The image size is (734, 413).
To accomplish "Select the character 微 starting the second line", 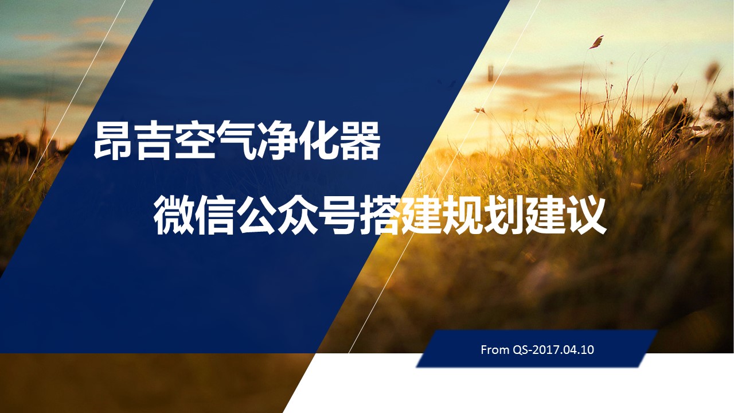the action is (x=174, y=215).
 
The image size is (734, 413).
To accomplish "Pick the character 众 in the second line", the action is (x=298, y=215).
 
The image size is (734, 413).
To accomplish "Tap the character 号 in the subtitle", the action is (x=339, y=215).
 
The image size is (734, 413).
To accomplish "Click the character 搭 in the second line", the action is (x=380, y=215).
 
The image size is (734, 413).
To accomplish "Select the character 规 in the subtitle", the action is (x=463, y=215).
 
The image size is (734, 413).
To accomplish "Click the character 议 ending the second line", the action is (x=587, y=215).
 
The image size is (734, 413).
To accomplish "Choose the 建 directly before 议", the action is (x=545, y=215).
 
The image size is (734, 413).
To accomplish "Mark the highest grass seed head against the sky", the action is (x=597, y=42).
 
